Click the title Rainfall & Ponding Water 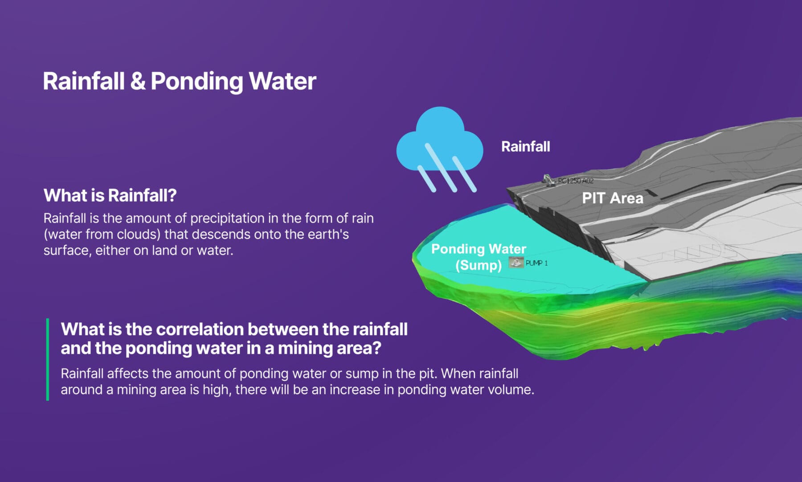point(180,81)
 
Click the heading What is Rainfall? point(110,195)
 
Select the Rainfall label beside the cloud point(526,146)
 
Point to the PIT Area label point(613,198)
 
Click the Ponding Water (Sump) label point(479,257)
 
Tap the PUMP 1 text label point(536,263)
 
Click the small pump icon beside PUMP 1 point(516,262)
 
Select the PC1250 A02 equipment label point(576,181)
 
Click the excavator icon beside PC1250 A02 point(548,180)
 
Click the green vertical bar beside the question point(48,359)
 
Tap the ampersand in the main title point(138,81)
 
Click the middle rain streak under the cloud point(441,168)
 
